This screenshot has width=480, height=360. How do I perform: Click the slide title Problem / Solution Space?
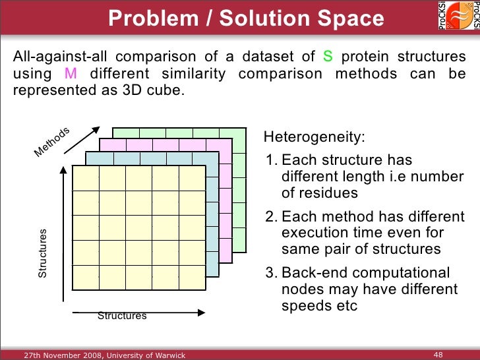click(246, 19)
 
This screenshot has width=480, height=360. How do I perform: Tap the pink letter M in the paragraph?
click(71, 74)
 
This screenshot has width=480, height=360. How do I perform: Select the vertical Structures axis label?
click(43, 253)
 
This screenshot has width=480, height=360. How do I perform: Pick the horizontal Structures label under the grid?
click(122, 316)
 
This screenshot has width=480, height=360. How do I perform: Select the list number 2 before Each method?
click(270, 218)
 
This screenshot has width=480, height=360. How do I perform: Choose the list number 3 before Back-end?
click(270, 274)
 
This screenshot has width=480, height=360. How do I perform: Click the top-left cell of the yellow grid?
click(86, 178)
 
